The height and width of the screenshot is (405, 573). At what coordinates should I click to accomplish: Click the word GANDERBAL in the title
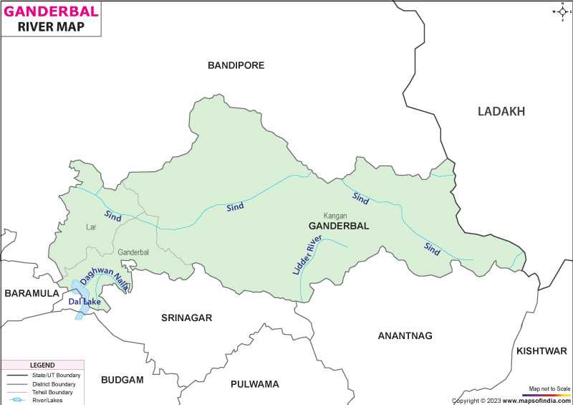tap(50, 11)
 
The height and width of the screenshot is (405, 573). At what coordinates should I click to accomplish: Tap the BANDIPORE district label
tap(236, 65)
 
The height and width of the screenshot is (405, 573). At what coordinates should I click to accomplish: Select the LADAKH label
tap(501, 111)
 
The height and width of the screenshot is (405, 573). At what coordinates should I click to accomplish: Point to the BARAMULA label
tap(32, 293)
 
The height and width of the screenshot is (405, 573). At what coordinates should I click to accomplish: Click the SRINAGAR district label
tap(186, 318)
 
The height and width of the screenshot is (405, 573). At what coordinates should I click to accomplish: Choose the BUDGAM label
tap(122, 379)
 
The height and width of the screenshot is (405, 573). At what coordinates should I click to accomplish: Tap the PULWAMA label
tap(254, 384)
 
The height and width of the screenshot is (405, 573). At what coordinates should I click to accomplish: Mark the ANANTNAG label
tap(405, 335)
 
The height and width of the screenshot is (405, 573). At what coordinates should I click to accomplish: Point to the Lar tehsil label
tap(91, 227)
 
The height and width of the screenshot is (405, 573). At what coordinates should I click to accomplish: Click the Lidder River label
tap(304, 256)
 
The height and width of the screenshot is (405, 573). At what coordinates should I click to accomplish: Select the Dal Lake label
tap(84, 302)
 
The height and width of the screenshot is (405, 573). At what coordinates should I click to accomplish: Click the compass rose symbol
tap(560, 11)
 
